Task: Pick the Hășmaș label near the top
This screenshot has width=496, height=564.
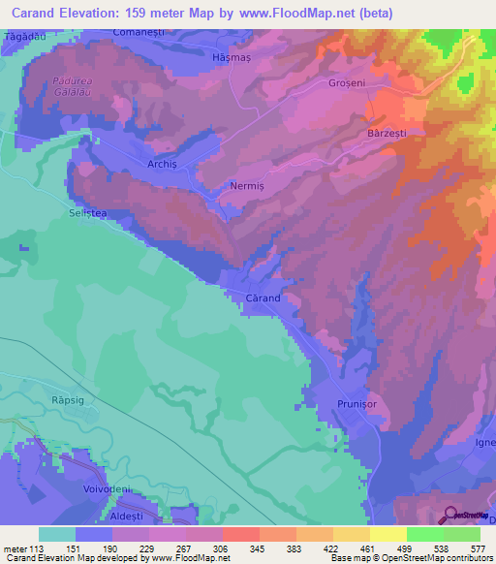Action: click(231, 57)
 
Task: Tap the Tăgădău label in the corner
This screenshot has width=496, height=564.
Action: click(25, 35)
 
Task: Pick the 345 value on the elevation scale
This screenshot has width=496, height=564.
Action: click(258, 548)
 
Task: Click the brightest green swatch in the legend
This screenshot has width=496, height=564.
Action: click(424, 534)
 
